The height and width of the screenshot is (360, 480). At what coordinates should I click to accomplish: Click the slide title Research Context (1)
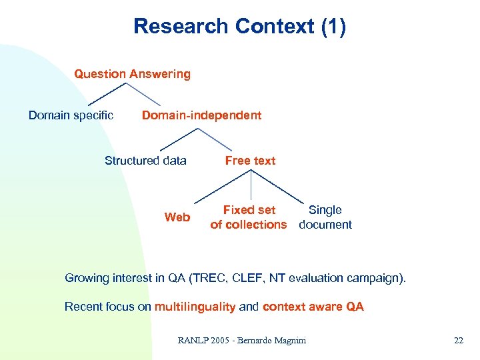[x=239, y=27]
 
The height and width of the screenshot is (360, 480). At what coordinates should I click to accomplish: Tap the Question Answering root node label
[x=132, y=74]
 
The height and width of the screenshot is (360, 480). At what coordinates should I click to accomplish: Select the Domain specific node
[x=71, y=115]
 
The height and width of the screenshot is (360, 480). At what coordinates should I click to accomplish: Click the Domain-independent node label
[x=201, y=115]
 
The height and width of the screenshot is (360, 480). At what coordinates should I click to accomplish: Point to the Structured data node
[x=145, y=161]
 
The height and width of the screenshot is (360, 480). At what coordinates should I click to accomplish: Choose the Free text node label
[x=250, y=161]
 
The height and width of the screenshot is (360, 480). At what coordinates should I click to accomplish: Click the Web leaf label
[x=177, y=217]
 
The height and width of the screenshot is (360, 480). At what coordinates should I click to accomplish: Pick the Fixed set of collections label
[x=248, y=217]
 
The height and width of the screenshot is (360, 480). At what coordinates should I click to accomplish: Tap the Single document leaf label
[x=325, y=217]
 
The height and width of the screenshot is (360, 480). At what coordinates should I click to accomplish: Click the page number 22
[x=458, y=341]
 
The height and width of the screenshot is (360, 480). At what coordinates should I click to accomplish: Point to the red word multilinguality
[x=195, y=307]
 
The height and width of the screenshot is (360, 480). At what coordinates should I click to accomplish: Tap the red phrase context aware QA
[x=313, y=307]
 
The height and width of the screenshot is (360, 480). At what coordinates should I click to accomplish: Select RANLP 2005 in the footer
[x=200, y=341]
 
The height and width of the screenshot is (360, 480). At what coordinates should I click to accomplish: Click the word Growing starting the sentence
[x=86, y=278]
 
